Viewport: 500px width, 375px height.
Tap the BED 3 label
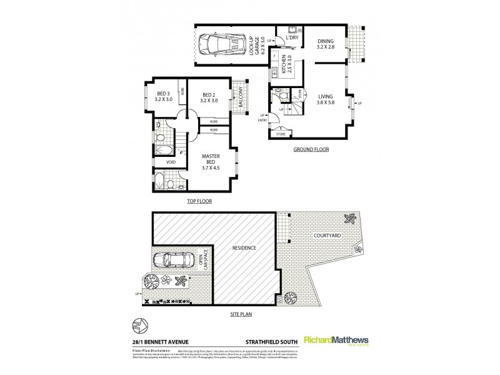[164, 97]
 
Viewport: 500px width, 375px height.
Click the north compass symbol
[139, 326]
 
